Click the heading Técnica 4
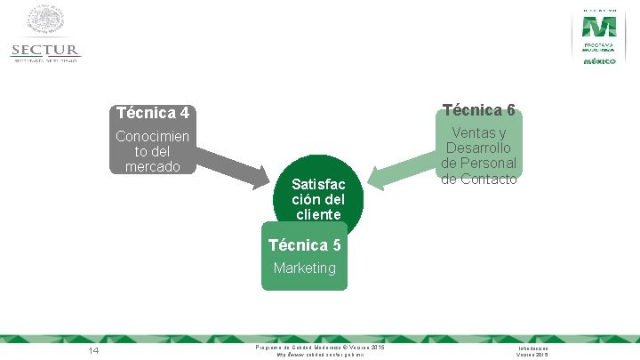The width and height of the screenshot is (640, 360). [x=152, y=114]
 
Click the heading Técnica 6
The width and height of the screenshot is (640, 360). [x=478, y=110]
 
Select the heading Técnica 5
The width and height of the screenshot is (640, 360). [x=304, y=244]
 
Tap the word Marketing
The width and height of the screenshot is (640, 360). [x=305, y=268]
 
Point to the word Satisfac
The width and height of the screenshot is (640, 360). [x=317, y=184]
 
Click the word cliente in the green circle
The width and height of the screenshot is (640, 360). [x=318, y=214]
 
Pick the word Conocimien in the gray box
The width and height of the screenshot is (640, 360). [x=153, y=136]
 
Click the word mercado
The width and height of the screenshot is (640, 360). [x=153, y=166]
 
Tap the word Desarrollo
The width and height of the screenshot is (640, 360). [x=478, y=148]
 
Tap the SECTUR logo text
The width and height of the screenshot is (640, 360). [x=45, y=51]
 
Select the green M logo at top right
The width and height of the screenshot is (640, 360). [x=599, y=24]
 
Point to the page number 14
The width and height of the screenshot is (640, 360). [x=93, y=351]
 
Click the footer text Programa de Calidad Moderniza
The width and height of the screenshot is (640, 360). [x=320, y=347]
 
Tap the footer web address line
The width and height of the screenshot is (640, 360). [x=319, y=355]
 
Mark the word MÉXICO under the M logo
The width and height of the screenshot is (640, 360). [x=599, y=62]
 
